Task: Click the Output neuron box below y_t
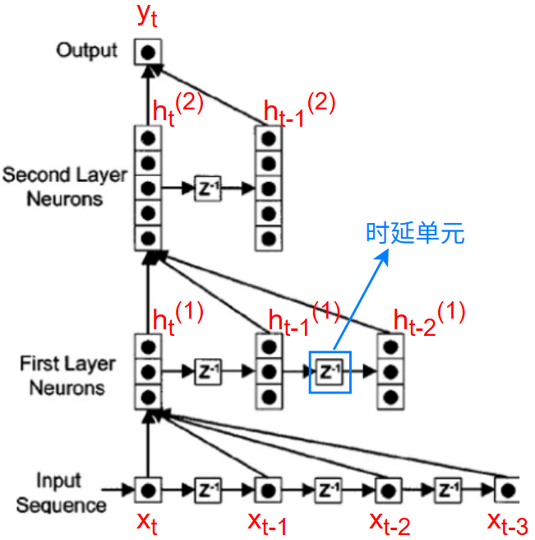pos(148,53)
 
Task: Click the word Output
pos(87,51)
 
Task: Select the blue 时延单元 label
pos(415,233)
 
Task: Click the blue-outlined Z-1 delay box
pos(330,372)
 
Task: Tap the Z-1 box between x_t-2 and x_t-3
pos(447,491)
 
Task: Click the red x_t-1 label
pos(268,523)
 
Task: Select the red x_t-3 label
pos(507,523)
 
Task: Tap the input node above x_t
pos(148,491)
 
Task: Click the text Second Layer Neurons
pos(65,187)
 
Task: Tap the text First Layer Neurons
pos(67,375)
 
